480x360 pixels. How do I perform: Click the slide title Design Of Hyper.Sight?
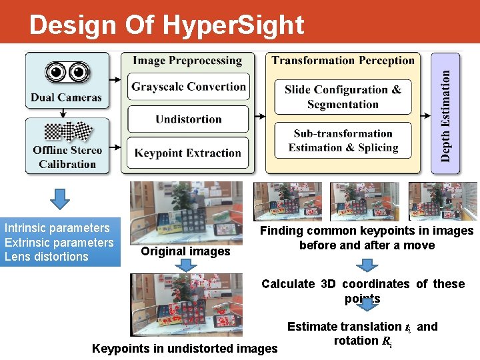[167, 25]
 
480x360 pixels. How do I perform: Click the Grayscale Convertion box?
[188, 87]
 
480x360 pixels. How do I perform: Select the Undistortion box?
[188, 119]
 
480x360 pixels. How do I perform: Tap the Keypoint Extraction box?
[188, 153]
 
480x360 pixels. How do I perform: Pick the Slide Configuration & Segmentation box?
[343, 97]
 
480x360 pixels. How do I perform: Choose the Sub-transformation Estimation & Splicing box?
[343, 141]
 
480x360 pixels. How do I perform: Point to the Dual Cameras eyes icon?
[67, 72]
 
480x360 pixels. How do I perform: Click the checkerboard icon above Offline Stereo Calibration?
[67, 130]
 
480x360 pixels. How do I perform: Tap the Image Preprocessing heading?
[187, 61]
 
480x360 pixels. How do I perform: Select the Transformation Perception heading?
[343, 61]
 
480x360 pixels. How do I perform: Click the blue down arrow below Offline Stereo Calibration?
[61, 198]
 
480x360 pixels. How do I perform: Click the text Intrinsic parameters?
[57, 228]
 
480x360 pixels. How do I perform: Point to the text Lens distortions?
[47, 257]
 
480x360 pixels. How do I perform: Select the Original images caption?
[185, 251]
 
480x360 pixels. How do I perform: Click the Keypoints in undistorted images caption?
[185, 348]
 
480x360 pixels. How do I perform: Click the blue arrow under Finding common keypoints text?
[367, 263]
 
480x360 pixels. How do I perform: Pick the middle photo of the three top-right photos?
[364, 201]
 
